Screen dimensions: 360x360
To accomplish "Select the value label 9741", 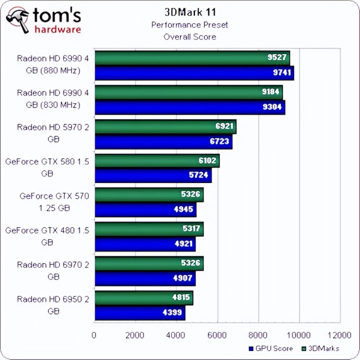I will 279,72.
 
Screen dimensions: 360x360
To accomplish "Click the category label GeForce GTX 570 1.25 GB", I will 54,202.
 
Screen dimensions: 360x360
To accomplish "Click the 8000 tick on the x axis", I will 258,334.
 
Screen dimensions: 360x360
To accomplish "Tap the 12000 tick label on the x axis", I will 340,334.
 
